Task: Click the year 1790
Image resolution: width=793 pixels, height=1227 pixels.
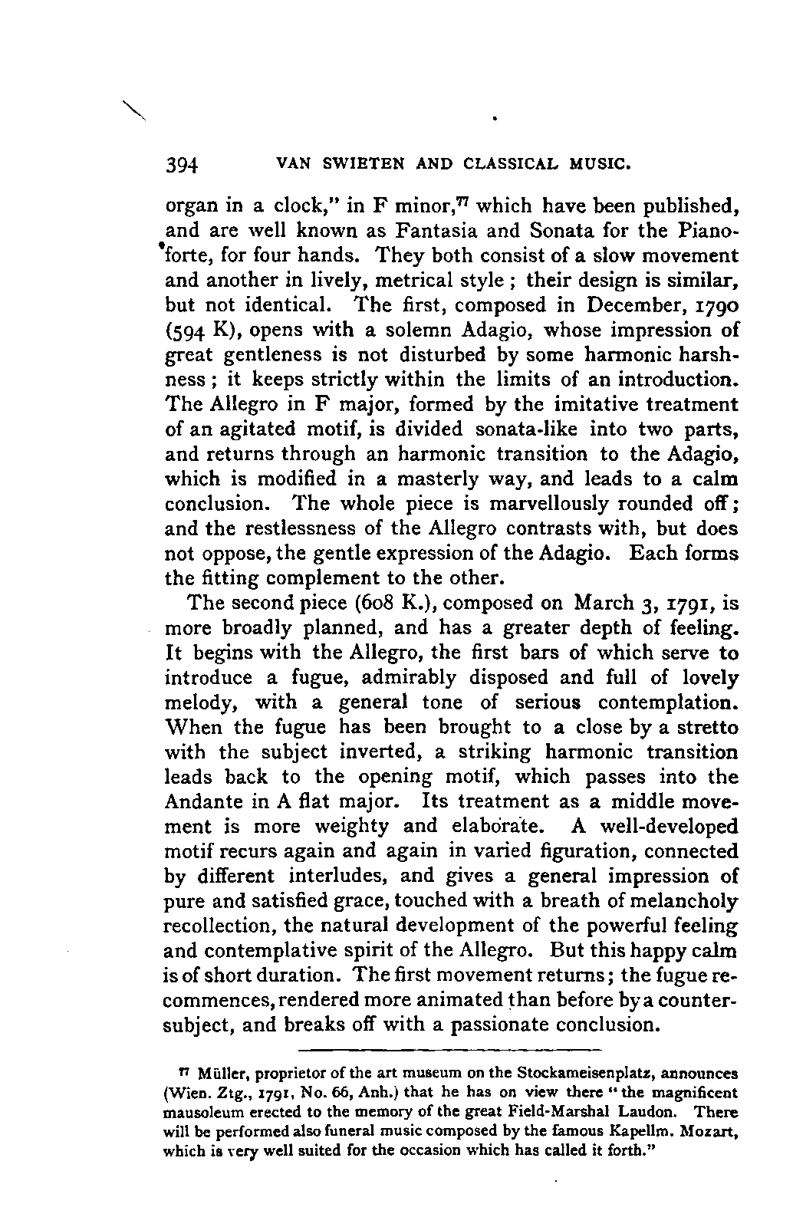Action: pyautogui.click(x=716, y=305)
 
